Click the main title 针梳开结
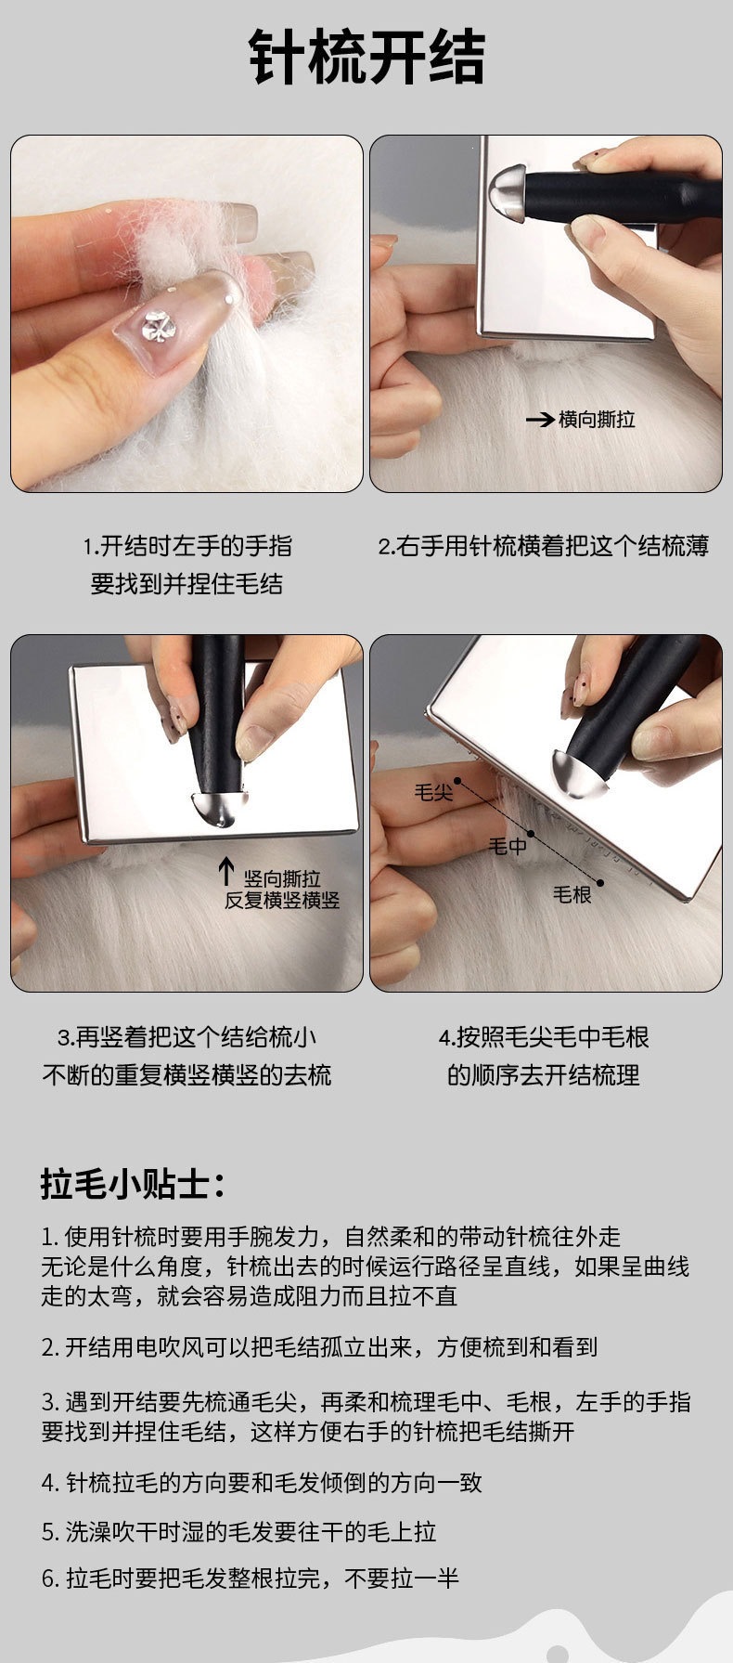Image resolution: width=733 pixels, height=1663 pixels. [366, 58]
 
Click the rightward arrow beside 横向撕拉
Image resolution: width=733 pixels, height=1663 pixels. [539, 420]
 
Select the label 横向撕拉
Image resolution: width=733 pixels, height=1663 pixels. [597, 420]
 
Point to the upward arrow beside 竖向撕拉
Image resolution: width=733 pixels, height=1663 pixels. [225, 872]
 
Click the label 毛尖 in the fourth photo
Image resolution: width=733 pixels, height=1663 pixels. [433, 792]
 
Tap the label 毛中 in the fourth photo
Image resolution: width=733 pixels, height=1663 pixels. [508, 846]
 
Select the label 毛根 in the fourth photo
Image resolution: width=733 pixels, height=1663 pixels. [572, 894]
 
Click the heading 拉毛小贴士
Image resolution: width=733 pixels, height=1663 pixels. [133, 1184]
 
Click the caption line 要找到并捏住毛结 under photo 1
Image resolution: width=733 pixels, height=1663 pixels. [186, 584]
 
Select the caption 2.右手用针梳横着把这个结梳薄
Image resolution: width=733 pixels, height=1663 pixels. [544, 546]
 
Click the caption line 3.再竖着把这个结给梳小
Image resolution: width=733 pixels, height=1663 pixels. [186, 1037]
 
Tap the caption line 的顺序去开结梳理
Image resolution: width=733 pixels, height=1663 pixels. [544, 1075]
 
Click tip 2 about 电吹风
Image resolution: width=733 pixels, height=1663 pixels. [319, 1347]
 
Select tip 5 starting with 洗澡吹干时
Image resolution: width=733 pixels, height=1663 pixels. [238, 1531]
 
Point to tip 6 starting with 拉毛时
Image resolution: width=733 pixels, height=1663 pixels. [250, 1578]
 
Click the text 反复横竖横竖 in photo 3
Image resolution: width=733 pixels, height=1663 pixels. [282, 900]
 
